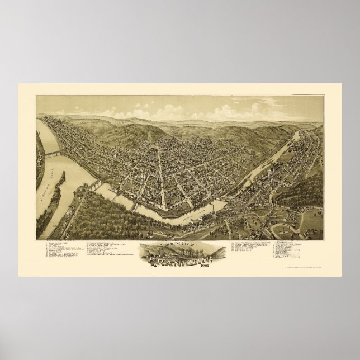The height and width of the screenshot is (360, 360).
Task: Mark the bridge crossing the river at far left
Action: [x=53, y=153]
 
